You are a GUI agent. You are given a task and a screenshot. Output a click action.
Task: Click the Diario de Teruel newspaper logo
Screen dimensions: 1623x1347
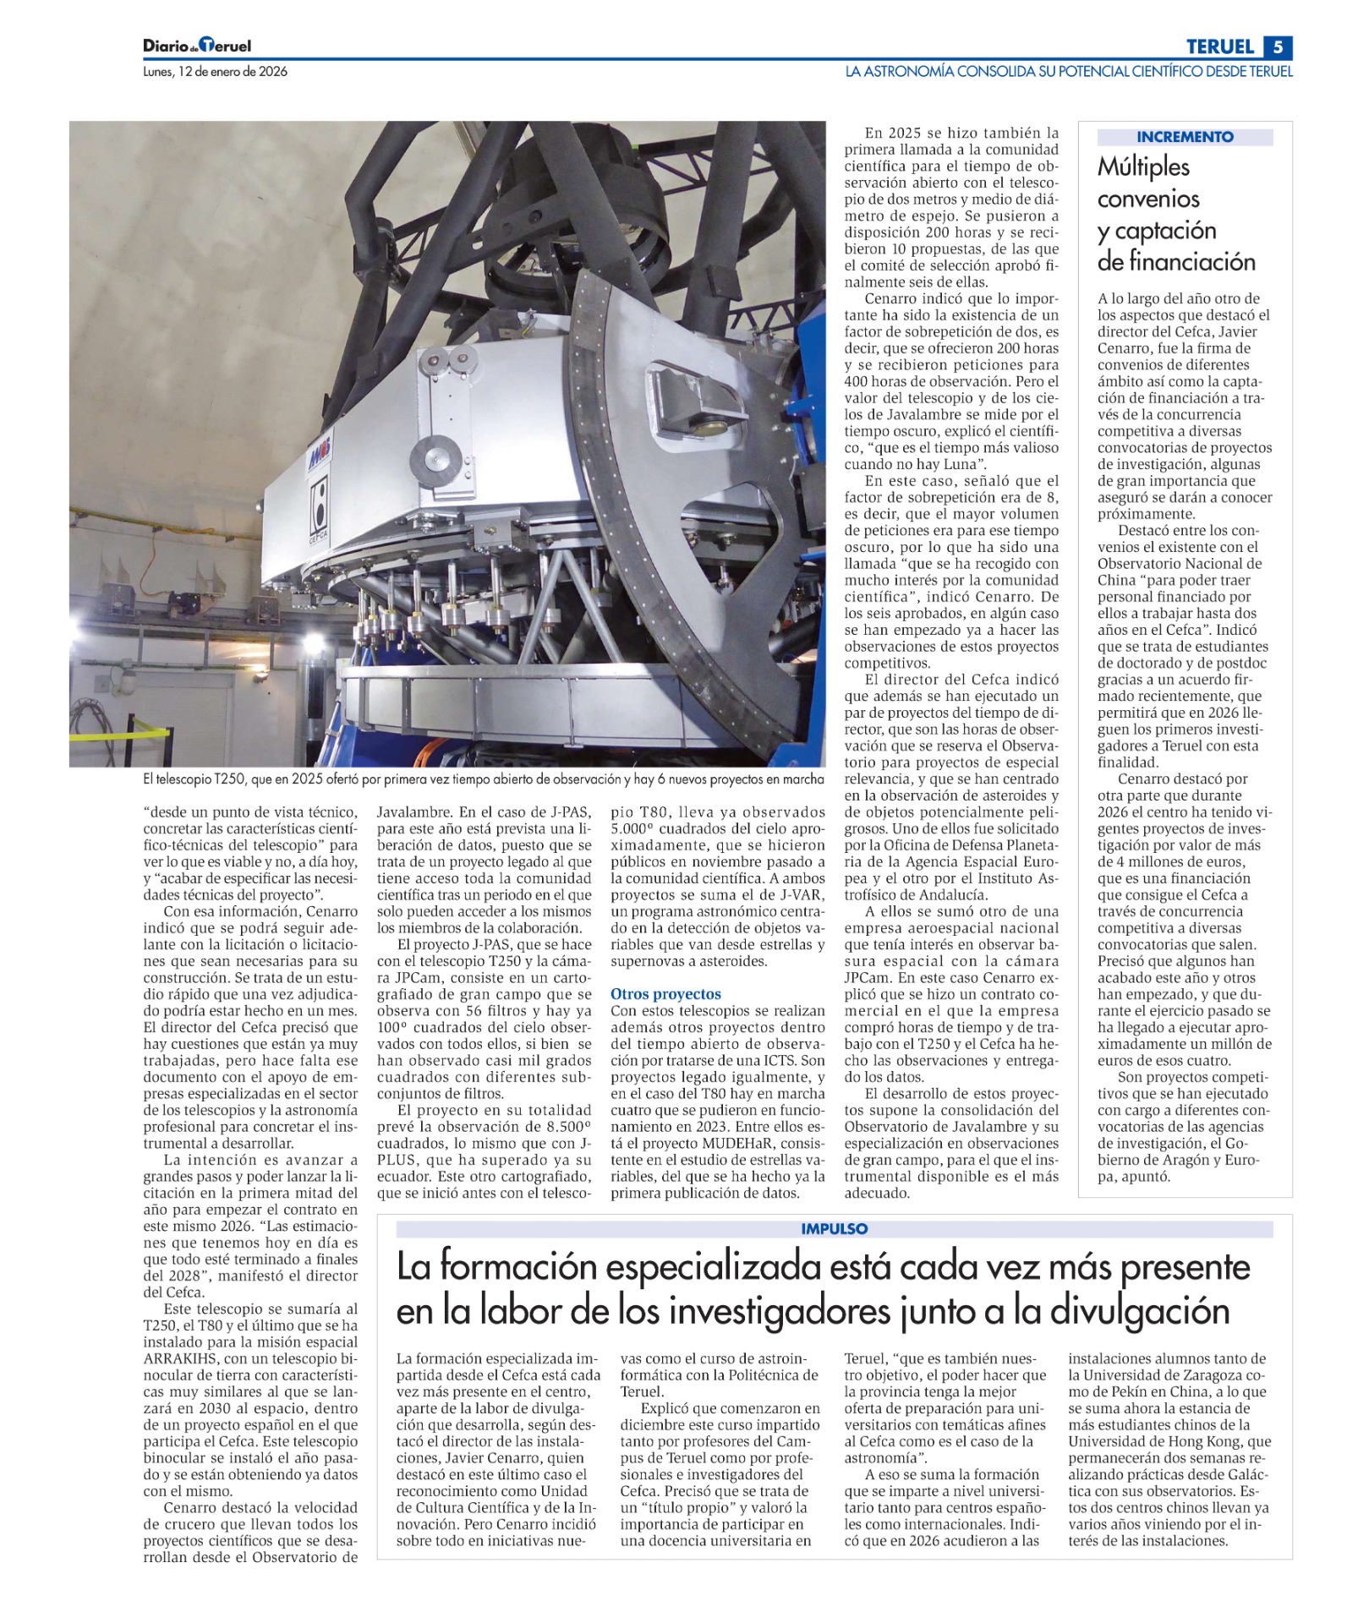point(197,46)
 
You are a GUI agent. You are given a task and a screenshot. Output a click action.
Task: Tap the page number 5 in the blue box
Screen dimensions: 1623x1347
point(1279,46)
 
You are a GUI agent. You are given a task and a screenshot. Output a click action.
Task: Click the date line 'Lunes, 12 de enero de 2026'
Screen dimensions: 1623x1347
point(215,72)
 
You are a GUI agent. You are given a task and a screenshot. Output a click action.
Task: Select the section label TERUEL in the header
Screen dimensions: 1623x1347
point(1219,46)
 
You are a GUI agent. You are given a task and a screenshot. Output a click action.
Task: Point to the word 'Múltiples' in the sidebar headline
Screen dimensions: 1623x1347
point(1143,167)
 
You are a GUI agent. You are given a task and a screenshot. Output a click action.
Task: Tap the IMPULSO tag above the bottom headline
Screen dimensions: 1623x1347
point(834,1229)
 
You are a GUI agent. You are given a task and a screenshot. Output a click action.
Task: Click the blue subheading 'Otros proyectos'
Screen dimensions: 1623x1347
point(665,994)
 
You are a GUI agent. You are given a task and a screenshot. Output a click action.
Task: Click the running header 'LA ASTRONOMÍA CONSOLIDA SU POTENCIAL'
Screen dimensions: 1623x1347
point(1068,72)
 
